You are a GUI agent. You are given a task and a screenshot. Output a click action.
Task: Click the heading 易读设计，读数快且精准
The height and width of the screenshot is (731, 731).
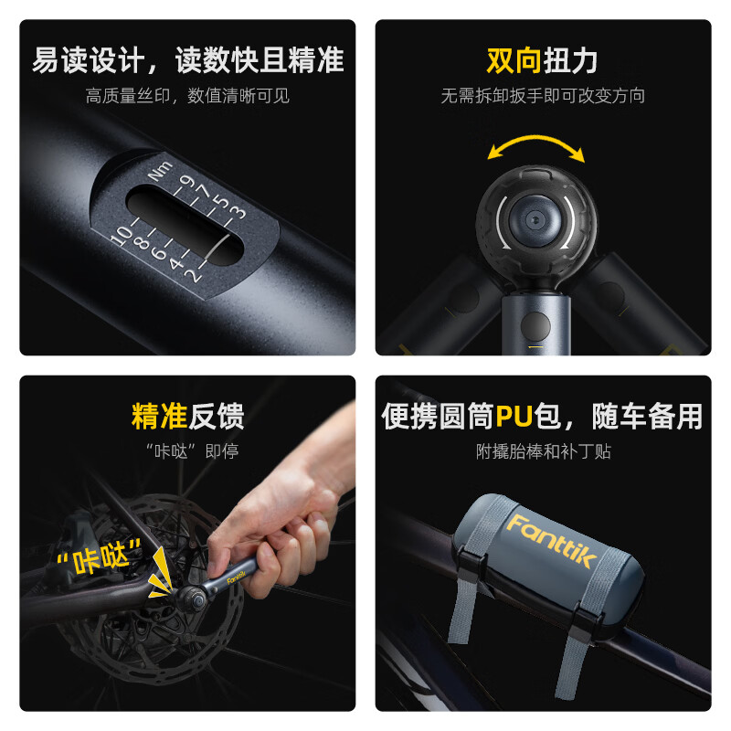(187, 60)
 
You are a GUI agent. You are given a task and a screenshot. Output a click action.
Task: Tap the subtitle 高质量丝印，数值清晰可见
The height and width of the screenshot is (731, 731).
(187, 96)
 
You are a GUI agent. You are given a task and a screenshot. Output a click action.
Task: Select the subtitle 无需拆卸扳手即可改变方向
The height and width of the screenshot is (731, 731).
(543, 96)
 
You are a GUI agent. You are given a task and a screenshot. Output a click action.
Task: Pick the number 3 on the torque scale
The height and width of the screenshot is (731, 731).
(236, 213)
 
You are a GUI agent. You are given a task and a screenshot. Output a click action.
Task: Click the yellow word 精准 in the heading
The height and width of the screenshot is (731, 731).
(159, 417)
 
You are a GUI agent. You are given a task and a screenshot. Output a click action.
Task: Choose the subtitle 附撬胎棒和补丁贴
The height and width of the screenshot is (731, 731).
(543, 450)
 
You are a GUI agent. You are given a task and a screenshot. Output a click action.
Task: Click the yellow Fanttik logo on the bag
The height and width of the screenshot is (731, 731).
(548, 539)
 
